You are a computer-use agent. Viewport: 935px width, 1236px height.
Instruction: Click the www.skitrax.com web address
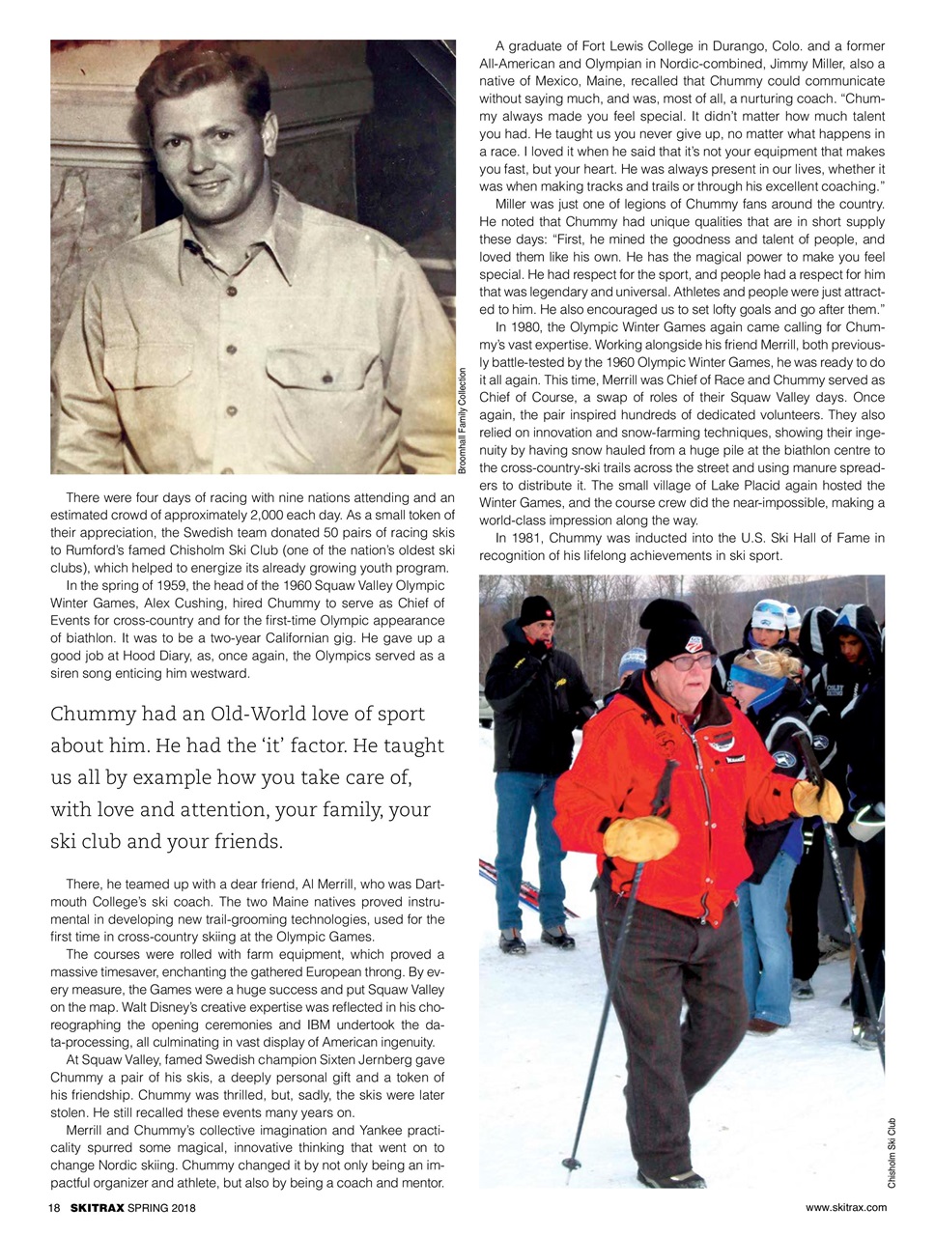point(845,1208)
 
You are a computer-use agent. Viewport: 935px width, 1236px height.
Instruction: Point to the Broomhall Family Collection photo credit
point(464,420)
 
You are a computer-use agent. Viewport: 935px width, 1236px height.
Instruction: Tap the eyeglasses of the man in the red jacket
point(693,662)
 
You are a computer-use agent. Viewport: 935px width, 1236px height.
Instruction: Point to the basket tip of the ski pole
point(574,1163)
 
